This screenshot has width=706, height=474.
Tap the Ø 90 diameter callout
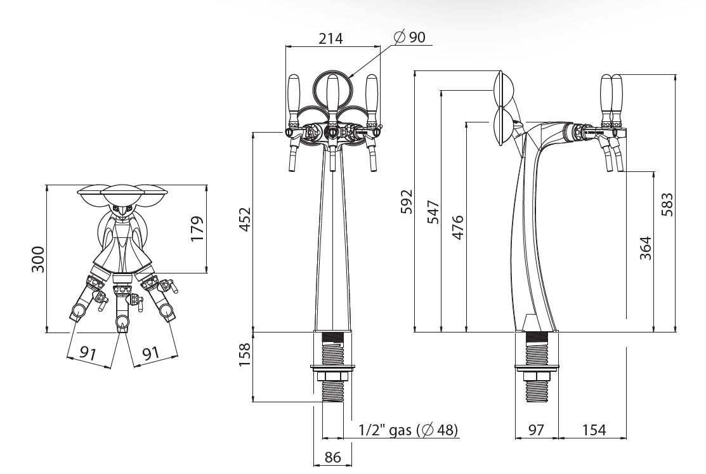[x=409, y=37]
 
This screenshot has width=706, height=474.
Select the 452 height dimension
[x=244, y=220]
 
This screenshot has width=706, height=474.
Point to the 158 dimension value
[x=244, y=355]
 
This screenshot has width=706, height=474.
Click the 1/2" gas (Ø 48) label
[x=409, y=430]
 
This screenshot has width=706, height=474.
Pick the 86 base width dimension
[x=332, y=458]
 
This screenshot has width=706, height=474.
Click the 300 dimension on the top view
[x=38, y=259]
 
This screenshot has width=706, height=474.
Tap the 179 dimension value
[x=197, y=229]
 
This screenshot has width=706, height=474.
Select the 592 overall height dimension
[x=407, y=201]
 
